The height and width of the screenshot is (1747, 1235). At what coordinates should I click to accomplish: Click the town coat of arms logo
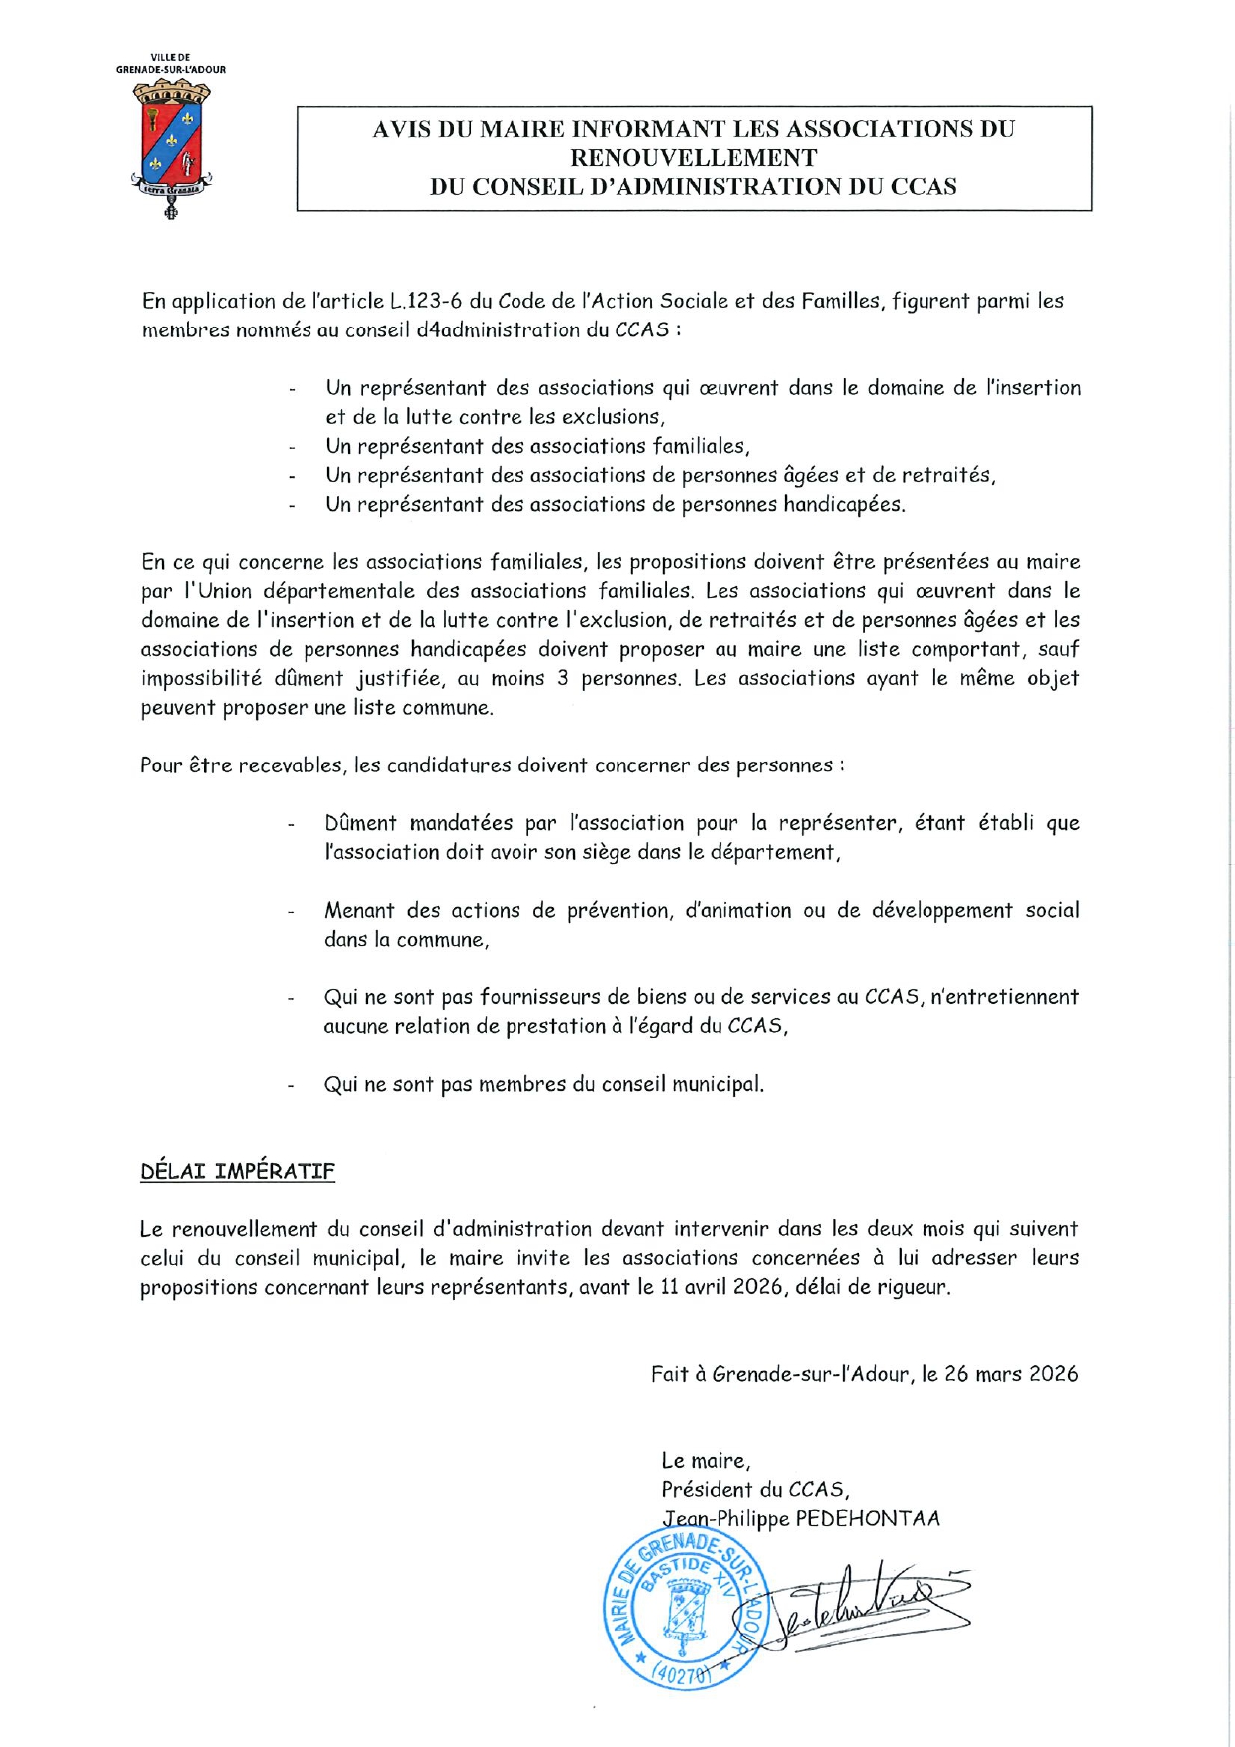pos(171,147)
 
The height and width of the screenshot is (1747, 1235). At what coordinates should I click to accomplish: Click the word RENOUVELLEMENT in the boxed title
pos(694,158)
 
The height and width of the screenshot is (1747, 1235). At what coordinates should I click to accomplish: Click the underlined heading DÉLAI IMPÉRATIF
pos(238,1171)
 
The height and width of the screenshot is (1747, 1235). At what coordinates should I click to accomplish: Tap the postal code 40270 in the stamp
pos(685,1675)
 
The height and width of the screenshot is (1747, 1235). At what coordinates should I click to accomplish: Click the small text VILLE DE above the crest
pos(170,58)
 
